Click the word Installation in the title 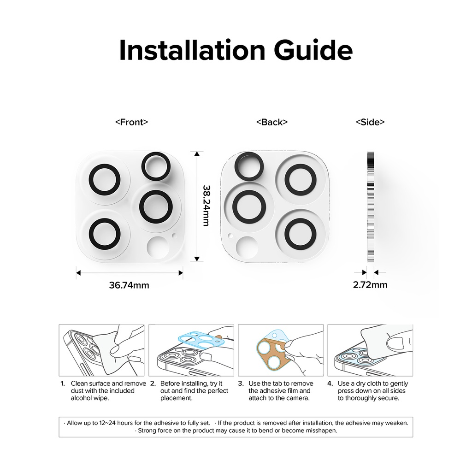(x=192, y=50)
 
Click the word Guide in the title (x=313, y=50)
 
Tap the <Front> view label (x=131, y=122)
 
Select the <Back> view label (x=272, y=122)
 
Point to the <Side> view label (x=370, y=122)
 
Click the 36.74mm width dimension (x=129, y=285)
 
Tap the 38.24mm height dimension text (x=206, y=206)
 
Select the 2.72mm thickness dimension (x=370, y=285)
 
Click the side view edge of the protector (x=370, y=206)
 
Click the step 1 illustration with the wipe (x=101, y=350)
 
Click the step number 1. (x=63, y=383)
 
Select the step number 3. (x=241, y=383)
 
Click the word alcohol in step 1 (x=81, y=398)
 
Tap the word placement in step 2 (x=176, y=398)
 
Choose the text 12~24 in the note (x=107, y=423)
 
